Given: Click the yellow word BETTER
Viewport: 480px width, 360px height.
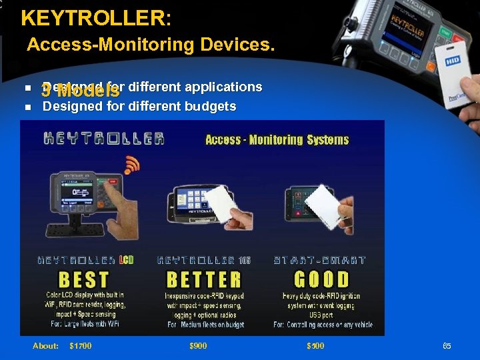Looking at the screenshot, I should (204, 279).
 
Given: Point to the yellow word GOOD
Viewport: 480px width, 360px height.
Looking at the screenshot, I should (321, 279).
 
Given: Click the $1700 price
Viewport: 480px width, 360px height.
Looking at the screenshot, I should (81, 345).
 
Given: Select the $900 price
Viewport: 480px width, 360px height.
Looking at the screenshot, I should (198, 345).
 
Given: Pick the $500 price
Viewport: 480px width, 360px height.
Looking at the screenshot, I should (315, 345).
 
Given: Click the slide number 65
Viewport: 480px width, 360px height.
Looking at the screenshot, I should (447, 345).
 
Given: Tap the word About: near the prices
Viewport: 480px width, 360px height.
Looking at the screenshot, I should (46, 345).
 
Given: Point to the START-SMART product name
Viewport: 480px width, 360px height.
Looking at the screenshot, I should (319, 260).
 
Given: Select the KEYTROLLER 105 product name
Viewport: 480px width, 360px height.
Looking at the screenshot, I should (204, 260).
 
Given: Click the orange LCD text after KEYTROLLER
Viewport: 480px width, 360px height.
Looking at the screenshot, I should (127, 260).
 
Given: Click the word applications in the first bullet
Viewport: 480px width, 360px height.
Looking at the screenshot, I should (223, 87).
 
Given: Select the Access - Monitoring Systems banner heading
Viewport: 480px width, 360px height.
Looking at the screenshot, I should (277, 139).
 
